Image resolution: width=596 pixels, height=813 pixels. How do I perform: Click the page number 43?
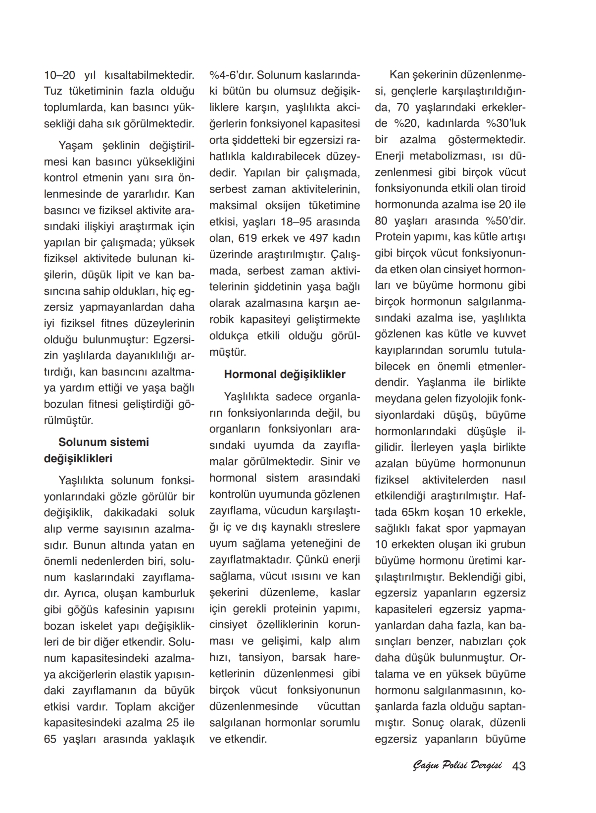coord(519,766)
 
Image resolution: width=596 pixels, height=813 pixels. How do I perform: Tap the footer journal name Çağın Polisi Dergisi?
coord(457,766)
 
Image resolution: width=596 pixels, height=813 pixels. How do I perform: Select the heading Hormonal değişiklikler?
coord(285,375)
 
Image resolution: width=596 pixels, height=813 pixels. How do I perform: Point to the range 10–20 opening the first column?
coord(59,76)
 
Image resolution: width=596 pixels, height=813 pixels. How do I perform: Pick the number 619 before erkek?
coord(250,238)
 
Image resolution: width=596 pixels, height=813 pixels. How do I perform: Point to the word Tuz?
coord(52,92)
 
